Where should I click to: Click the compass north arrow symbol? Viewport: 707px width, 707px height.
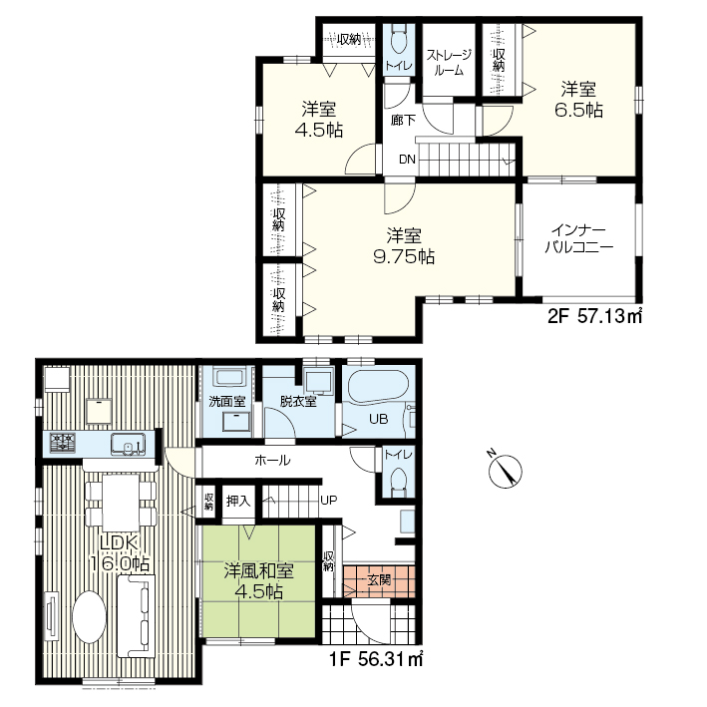click(506, 472)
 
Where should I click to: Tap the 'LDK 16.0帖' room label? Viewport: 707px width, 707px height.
click(119, 553)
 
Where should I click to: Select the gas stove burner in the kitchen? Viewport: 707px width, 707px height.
click(63, 442)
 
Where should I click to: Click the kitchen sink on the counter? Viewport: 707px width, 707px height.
click(129, 443)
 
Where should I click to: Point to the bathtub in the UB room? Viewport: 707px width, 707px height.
click(377, 387)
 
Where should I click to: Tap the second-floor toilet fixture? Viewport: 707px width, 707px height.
click(399, 40)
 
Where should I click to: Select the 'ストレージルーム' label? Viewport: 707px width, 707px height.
click(449, 62)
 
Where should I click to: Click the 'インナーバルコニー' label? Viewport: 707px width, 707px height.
click(579, 239)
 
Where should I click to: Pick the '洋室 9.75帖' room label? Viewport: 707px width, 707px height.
click(404, 246)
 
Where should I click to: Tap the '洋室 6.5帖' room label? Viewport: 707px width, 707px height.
click(578, 100)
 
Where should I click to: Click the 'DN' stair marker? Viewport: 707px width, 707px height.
click(407, 160)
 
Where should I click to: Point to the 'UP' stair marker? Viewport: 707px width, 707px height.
click(329, 500)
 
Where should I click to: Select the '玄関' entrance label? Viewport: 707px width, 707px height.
click(379, 579)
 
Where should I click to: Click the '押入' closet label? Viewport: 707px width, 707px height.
click(238, 501)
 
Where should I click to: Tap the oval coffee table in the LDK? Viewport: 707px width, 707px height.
click(89, 617)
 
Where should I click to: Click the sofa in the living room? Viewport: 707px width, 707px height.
click(136, 616)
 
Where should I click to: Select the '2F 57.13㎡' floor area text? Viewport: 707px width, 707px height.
click(594, 316)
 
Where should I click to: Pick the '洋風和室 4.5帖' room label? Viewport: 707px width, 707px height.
click(259, 580)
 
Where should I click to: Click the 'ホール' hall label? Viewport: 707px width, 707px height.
click(272, 461)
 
